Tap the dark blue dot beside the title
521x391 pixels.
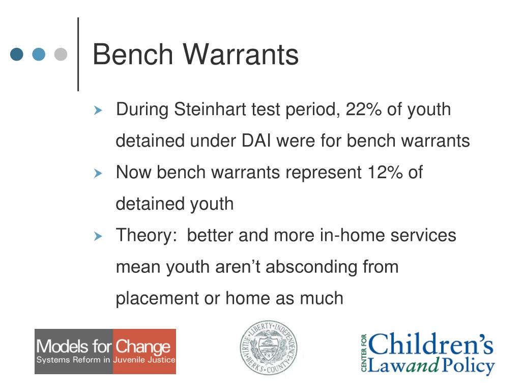pyautogui.click(x=17, y=54)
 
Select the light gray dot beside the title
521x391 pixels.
pyautogui.click(x=61, y=54)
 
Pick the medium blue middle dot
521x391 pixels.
pyautogui.click(x=39, y=54)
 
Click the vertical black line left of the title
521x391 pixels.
pyautogui.click(x=78, y=54)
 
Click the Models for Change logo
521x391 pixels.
pyautogui.click(x=105, y=351)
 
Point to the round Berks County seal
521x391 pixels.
pyautogui.click(x=269, y=349)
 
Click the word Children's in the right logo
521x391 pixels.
pyautogui.click(x=431, y=345)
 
